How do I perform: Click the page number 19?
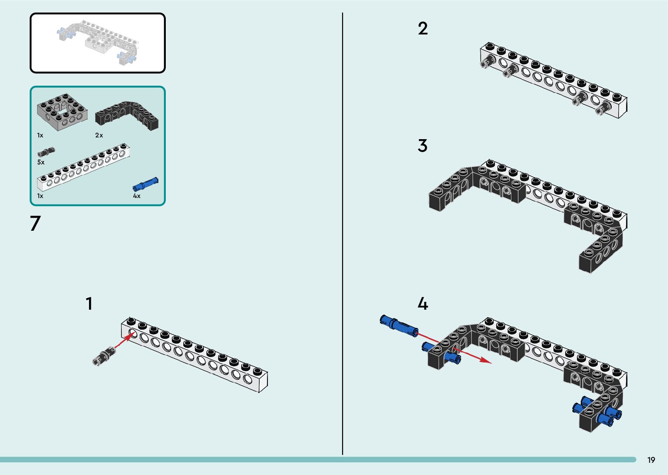651,460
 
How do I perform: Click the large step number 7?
35,223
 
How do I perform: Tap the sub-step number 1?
89,304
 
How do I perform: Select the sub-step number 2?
422,29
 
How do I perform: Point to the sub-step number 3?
422,146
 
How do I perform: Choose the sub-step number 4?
422,304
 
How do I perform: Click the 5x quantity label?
41,162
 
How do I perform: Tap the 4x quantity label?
137,196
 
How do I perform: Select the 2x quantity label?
99,135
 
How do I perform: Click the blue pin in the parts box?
145,184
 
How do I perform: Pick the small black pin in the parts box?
46,152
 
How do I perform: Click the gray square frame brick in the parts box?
62,112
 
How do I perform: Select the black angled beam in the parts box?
127,115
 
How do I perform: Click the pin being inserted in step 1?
104,355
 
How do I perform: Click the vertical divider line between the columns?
343,236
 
